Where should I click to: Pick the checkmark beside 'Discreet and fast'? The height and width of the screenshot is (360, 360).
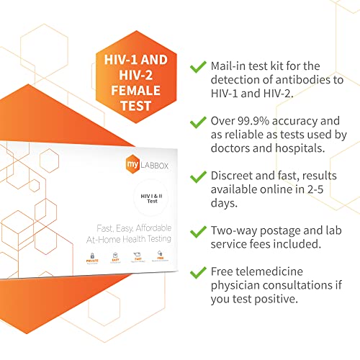[197, 176]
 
